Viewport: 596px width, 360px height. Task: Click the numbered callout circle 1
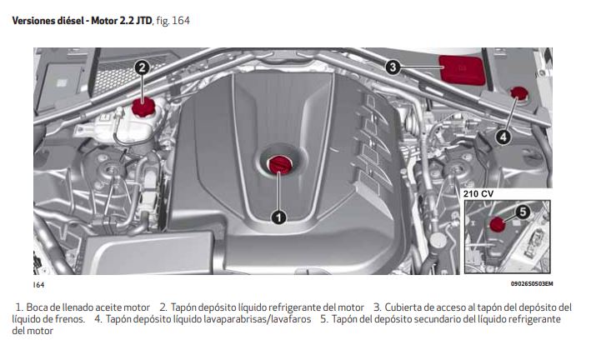pos(278,217)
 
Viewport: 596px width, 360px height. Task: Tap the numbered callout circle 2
pos(142,68)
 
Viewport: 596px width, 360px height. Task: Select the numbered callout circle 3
pos(393,67)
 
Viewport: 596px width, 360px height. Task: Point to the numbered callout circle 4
pos(503,137)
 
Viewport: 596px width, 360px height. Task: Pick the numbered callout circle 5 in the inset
pos(523,212)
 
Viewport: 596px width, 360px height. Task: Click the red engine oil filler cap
pos(279,164)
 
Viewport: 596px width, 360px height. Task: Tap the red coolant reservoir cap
pos(143,107)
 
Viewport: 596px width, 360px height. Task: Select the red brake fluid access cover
pos(462,70)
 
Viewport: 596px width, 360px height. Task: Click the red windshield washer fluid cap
pos(518,94)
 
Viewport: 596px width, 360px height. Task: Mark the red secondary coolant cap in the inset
pos(497,224)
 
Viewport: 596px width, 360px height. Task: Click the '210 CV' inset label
pos(478,194)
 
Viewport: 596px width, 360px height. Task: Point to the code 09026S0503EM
pos(532,284)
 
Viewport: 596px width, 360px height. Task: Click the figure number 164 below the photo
pos(39,285)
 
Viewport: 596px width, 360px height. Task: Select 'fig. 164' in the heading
pos(173,21)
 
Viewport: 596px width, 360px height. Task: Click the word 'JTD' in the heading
pos(144,21)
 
